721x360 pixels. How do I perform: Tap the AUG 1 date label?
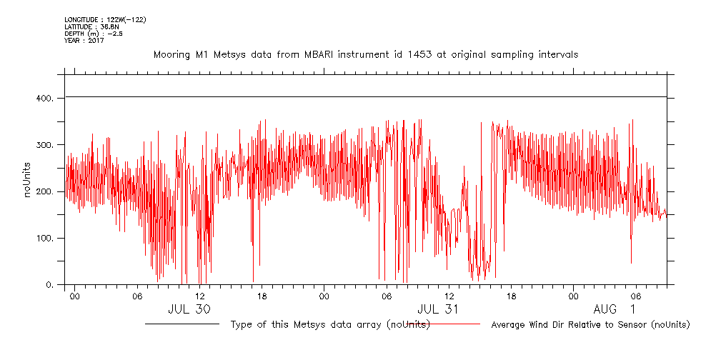[x=614, y=309]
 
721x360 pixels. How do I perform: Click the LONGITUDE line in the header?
[x=105, y=20]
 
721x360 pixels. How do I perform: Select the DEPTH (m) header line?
[x=94, y=34]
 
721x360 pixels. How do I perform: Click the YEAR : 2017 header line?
[x=84, y=41]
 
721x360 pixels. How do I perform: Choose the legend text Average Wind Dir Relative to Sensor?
[x=590, y=325]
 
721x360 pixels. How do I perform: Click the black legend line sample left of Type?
[x=182, y=324]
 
